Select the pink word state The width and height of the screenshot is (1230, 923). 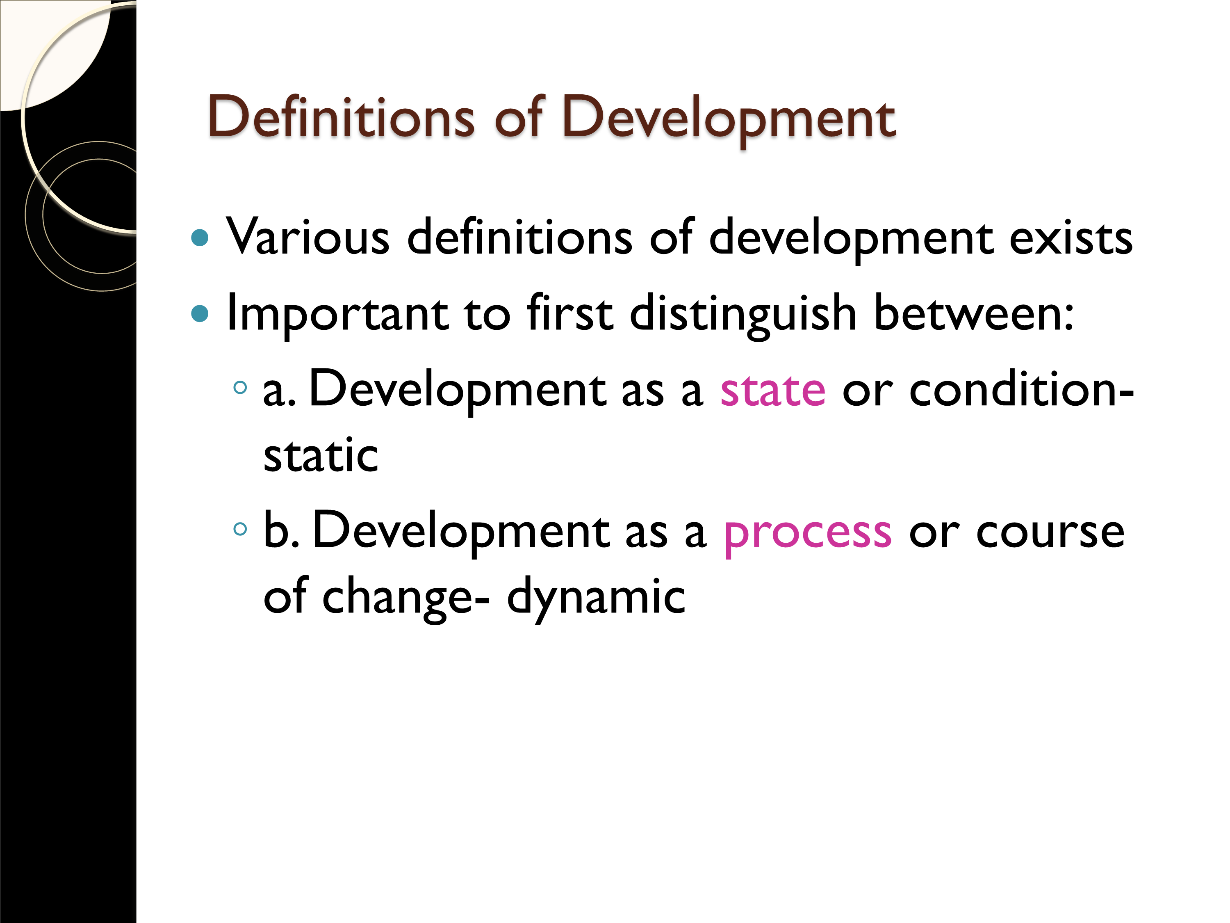point(773,390)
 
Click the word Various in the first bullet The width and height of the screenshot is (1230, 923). point(308,236)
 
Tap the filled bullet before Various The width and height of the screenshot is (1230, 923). point(200,238)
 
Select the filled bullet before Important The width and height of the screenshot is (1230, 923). point(200,313)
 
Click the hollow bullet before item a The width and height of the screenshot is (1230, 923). point(240,387)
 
